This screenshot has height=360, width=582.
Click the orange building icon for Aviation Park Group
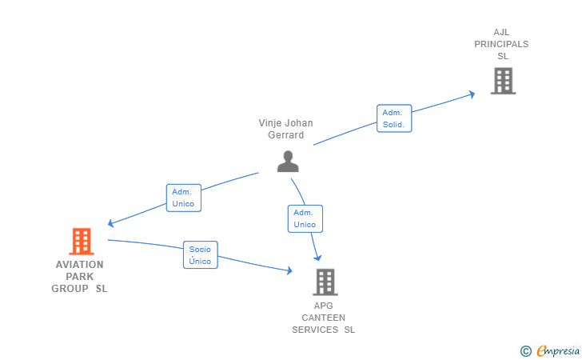82,241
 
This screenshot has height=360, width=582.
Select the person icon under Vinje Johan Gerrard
288,162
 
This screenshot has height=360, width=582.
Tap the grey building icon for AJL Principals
504,81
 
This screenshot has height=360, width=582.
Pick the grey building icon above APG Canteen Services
325,282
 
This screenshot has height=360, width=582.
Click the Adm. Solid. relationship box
394,118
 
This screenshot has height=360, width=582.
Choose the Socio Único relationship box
201,255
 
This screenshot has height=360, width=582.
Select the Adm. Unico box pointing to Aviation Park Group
184,198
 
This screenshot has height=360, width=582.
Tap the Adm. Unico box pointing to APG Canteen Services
305,219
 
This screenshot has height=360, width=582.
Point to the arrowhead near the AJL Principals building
472,94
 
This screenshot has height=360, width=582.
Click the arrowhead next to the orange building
110,223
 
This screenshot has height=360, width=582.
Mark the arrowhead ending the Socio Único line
290,270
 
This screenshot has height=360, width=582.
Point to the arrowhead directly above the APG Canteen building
317,258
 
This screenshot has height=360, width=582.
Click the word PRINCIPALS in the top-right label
501,44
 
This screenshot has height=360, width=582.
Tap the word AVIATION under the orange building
80,265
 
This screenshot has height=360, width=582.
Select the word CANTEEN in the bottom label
323,318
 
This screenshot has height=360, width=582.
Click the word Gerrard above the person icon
286,135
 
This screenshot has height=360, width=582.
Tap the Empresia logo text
558,350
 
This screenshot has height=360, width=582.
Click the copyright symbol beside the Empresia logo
526,351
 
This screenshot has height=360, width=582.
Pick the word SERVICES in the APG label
315,330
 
